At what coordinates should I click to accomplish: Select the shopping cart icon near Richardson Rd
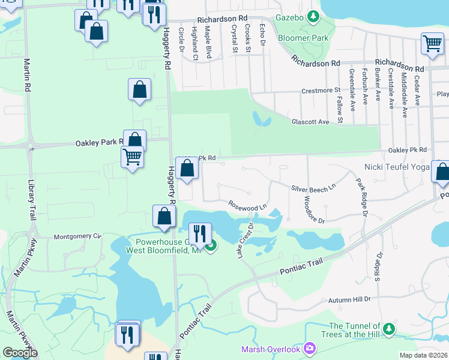432,43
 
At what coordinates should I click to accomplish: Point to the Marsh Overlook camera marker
310,348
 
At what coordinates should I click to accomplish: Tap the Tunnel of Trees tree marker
390,329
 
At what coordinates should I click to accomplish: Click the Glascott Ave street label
310,122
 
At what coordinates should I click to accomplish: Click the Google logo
20,353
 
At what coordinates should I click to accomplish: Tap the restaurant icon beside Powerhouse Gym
199,233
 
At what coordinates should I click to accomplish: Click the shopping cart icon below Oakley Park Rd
132,158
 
